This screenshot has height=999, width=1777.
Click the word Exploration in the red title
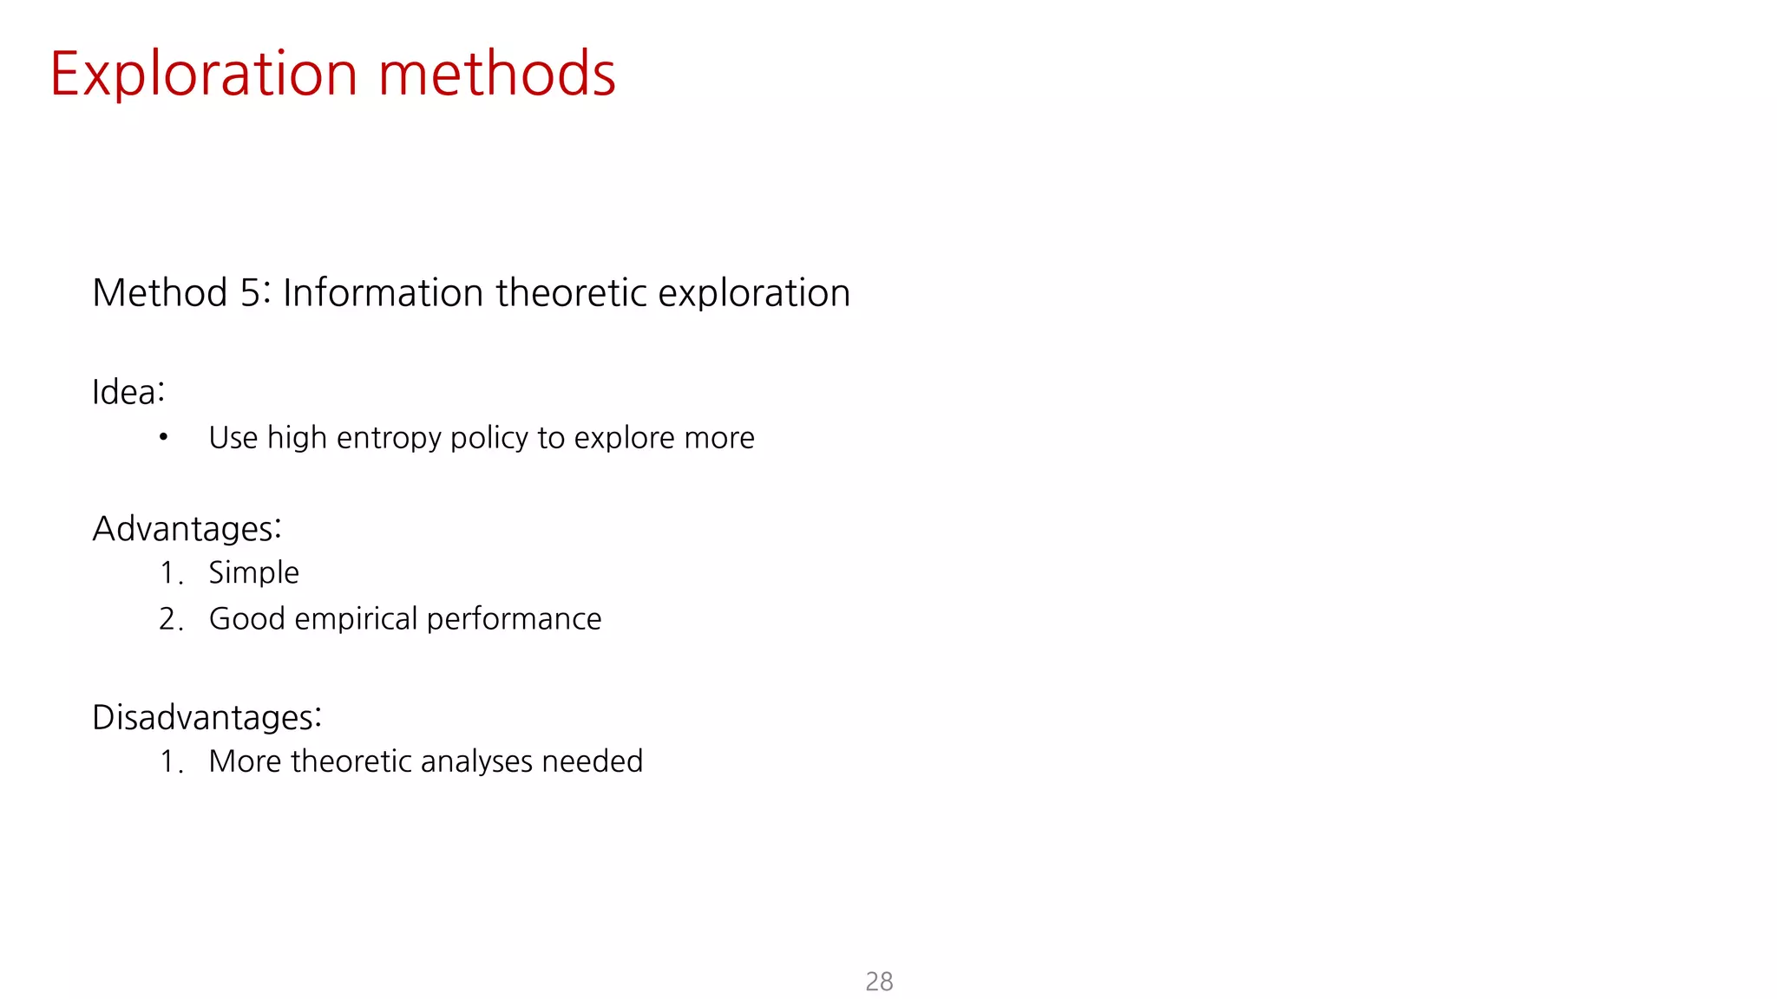tap(203, 75)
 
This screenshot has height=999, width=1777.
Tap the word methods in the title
tap(496, 75)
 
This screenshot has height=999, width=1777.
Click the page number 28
tap(879, 981)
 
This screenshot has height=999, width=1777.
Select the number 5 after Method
tap(251, 293)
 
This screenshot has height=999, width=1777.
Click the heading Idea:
tap(128, 392)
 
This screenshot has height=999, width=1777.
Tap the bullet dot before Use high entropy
tap(163, 437)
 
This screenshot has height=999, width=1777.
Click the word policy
tap(489, 438)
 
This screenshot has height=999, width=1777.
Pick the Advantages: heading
tap(187, 529)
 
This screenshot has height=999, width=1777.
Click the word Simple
tap(253, 573)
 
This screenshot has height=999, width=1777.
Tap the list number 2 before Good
tap(168, 619)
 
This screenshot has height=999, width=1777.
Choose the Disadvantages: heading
tap(207, 718)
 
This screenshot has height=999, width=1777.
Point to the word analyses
tap(476, 761)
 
